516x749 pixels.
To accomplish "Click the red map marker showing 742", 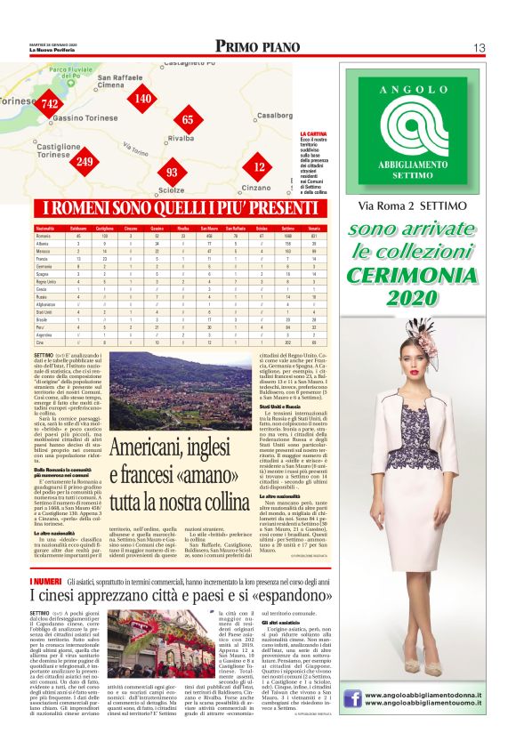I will [x=50, y=104].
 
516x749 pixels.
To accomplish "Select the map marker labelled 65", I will [x=188, y=119].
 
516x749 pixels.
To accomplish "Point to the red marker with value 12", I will [x=259, y=165].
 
